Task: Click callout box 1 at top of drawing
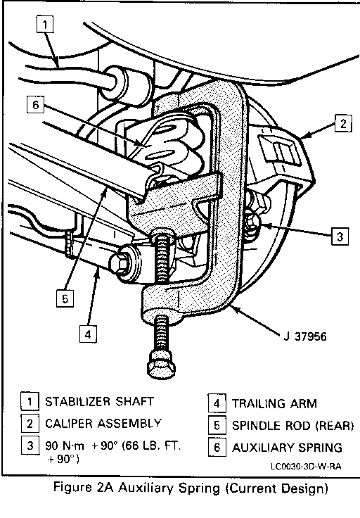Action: tap(44, 24)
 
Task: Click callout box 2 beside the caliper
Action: tap(344, 123)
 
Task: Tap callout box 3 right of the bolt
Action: tap(340, 236)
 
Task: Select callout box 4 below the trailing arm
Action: tap(88, 334)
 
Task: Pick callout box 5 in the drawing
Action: tap(65, 298)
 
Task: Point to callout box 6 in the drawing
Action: tap(36, 105)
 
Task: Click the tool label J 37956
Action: tap(305, 336)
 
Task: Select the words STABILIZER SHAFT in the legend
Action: tap(99, 401)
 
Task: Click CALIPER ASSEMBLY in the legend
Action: tap(103, 423)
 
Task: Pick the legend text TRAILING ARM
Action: tap(274, 403)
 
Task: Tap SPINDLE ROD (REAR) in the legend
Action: tap(293, 426)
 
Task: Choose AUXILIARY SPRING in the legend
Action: tap(287, 448)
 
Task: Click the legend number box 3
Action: tap(30, 446)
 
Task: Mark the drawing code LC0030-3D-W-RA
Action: tap(306, 467)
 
